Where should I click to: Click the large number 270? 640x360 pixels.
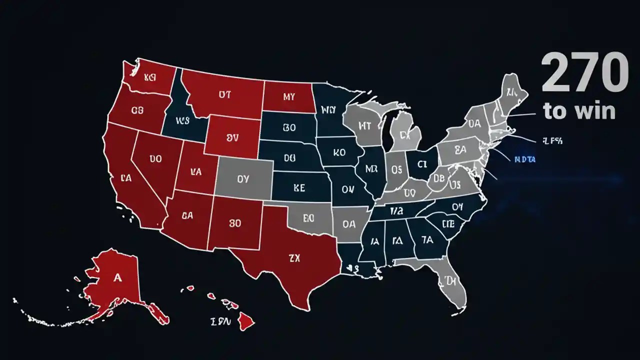(584, 73)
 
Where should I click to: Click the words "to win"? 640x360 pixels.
(579, 110)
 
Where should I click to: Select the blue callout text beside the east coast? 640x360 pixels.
(524, 159)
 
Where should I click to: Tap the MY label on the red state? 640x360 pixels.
(289, 97)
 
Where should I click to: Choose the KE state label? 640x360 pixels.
(299, 188)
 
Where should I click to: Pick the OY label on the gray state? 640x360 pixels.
(242, 178)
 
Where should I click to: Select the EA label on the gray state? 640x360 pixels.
(460, 148)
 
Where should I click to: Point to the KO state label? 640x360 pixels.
(339, 152)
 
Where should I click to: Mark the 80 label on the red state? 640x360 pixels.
(234, 223)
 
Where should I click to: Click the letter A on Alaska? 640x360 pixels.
(117, 278)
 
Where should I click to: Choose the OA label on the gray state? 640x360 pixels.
(349, 224)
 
